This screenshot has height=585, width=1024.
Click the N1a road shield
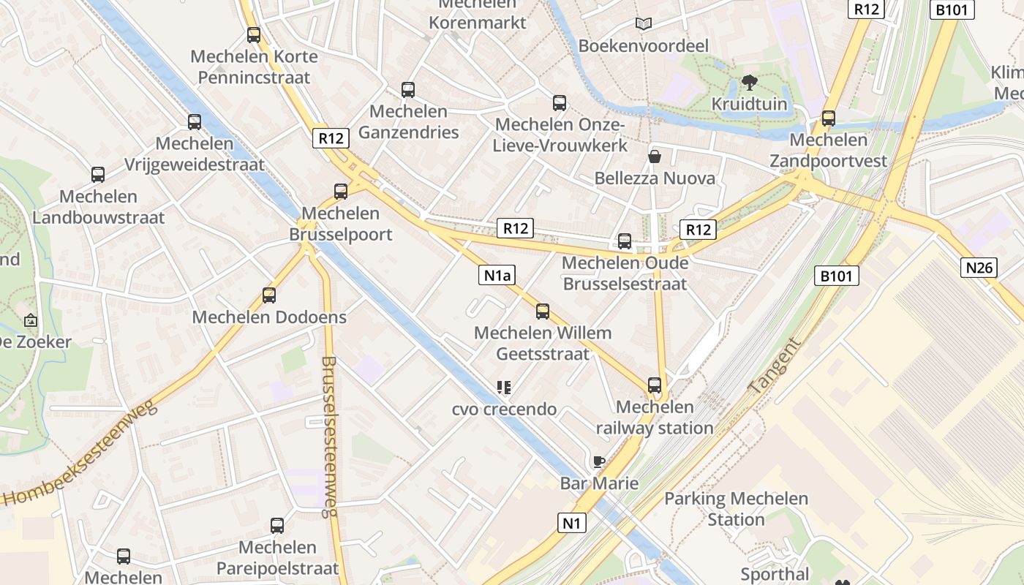pos(497,275)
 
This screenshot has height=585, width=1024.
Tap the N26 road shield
pos(979,268)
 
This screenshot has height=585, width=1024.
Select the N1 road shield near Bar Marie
pos(572,523)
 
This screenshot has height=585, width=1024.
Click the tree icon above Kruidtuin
pos(749,82)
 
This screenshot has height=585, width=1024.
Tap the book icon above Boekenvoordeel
pos(644,24)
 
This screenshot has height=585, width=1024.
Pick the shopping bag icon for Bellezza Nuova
pos(655,156)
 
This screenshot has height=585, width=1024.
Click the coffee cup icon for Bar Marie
pos(599,461)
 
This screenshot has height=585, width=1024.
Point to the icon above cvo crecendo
pos(503,387)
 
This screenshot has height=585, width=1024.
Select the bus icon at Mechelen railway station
pos(655,385)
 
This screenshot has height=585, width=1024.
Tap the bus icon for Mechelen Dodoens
pos(269,295)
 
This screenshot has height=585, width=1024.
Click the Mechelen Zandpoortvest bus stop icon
pos(829,118)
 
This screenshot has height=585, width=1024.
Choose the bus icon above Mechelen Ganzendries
pos(408,90)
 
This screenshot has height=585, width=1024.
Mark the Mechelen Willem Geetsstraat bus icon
pos(543,312)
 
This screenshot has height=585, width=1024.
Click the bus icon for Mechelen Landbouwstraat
pos(98,175)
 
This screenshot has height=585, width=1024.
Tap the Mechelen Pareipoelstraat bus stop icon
pos(277,525)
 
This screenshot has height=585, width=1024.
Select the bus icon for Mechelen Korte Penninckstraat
pos(254,34)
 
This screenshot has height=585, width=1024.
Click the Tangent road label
pos(775,366)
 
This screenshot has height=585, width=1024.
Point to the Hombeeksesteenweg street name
pos(80,454)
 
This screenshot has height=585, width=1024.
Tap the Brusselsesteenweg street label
pos(329,437)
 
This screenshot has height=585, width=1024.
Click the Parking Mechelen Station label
pos(736,509)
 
